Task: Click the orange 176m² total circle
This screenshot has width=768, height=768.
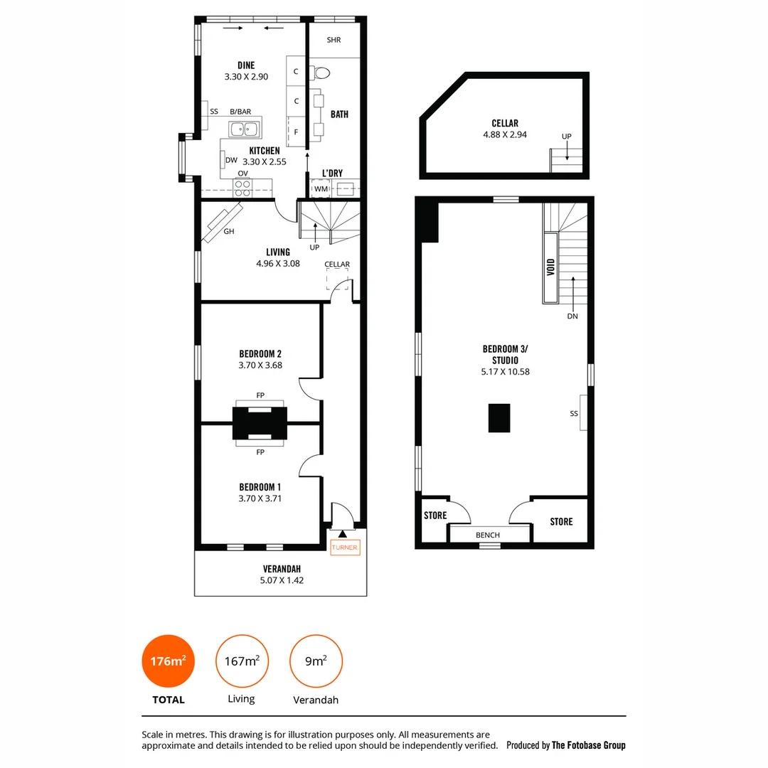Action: pos(168,661)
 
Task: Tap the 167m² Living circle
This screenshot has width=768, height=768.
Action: pos(242,661)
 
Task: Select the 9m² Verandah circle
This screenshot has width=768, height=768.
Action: pos(316,661)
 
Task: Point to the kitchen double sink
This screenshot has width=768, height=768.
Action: pos(245,129)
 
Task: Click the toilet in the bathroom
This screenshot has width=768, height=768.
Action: pos(322,72)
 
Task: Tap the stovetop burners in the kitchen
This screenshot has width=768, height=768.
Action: pos(242,187)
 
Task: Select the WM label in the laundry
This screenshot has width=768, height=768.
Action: pos(321,188)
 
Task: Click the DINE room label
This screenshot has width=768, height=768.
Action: pos(246,65)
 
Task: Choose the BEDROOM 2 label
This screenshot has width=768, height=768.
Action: pos(260,353)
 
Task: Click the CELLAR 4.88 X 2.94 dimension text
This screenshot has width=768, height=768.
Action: pos(505,134)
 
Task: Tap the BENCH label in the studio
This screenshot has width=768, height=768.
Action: pos(488,535)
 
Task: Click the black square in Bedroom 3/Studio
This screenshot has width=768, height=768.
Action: pos(499,417)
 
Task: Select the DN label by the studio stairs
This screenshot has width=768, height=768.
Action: pos(572,316)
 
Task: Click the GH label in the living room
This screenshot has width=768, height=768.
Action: pos(229,232)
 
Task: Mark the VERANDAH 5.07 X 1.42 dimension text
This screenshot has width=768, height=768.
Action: pos(282,580)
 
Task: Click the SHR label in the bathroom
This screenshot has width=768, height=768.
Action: pos(334,40)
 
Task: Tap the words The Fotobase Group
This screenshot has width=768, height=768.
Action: pos(589,745)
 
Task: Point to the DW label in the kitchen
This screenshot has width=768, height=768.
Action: pos(231,160)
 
